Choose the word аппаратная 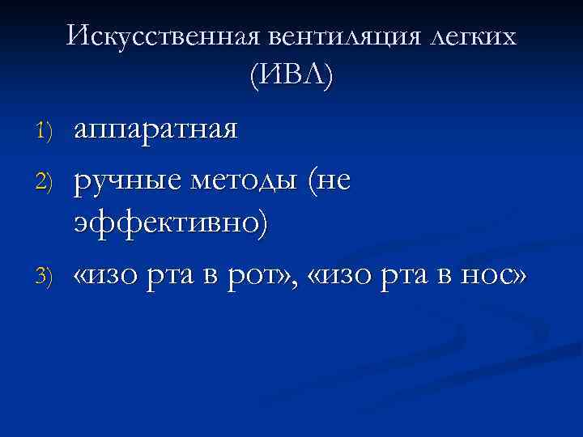pos(155,129)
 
